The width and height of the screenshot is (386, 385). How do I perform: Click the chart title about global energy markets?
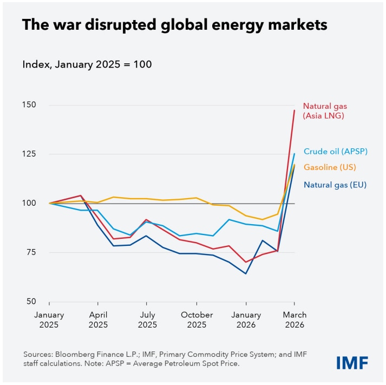[x=174, y=25]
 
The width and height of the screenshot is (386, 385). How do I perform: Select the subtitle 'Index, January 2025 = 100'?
[x=87, y=64]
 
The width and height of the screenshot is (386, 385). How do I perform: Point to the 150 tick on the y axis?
[x=31, y=105]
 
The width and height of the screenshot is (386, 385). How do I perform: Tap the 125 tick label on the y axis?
[x=31, y=154]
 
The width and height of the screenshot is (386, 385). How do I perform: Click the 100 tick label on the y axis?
[x=31, y=204]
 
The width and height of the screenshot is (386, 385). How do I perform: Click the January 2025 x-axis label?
[x=49, y=320]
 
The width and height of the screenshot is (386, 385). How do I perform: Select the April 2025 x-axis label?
[x=97, y=320]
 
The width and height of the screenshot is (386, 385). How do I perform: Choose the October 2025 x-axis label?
[x=197, y=320]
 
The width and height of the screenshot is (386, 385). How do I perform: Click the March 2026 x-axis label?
[x=294, y=320]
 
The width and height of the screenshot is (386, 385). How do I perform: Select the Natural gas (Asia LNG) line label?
[x=323, y=110]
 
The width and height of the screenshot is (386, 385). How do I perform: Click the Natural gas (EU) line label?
[x=335, y=185]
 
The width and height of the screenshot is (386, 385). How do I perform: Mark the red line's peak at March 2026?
[x=294, y=110]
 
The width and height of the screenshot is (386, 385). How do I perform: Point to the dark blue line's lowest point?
[x=246, y=273]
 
